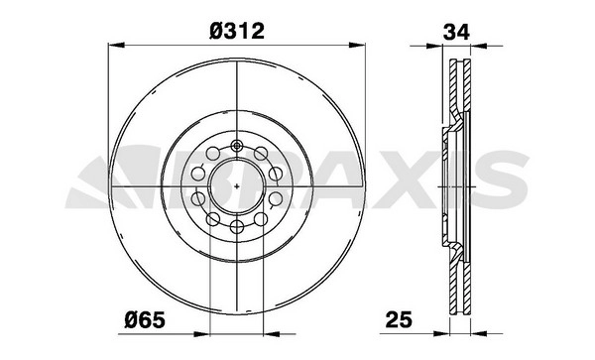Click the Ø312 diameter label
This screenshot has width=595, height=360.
point(236,31)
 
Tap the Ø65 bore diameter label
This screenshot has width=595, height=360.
point(145,320)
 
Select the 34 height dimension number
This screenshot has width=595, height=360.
point(456,32)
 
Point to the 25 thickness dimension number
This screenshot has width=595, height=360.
point(399,319)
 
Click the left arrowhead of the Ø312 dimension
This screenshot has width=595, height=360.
point(116,46)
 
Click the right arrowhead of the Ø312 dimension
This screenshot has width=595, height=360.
point(357,46)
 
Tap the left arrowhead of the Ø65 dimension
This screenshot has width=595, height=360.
point(202,334)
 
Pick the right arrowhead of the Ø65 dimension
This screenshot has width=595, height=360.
point(272,334)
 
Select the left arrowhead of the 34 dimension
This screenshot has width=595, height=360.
point(435,46)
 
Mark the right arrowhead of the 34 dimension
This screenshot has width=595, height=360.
point(479,46)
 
